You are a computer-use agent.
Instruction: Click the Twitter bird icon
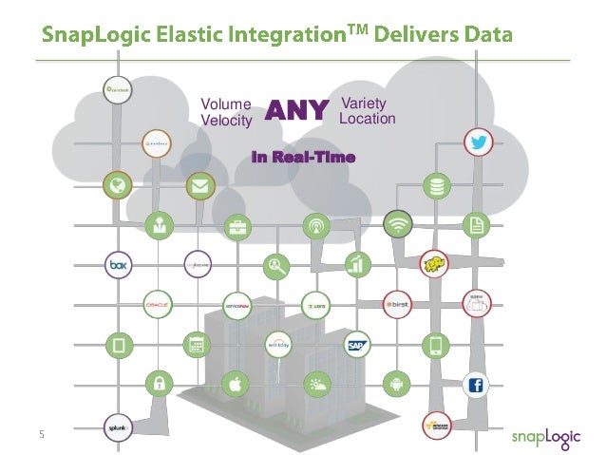click(x=476, y=144)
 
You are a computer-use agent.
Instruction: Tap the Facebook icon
click(x=475, y=385)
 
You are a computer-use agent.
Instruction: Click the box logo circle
click(x=119, y=265)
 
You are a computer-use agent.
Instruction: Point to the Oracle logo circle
click(x=157, y=305)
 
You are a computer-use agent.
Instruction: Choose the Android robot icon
click(x=396, y=384)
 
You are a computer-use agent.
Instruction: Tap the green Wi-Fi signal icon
click(x=397, y=225)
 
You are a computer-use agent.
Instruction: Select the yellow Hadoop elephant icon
click(x=435, y=264)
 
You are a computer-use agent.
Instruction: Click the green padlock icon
click(x=157, y=385)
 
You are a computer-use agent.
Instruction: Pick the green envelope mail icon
click(x=198, y=185)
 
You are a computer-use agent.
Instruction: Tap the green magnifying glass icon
click(x=277, y=266)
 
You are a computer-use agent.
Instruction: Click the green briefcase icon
click(x=237, y=226)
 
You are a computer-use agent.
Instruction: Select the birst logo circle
click(x=397, y=305)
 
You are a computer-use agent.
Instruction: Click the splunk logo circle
click(x=118, y=426)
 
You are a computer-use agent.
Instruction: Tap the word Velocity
click(x=226, y=121)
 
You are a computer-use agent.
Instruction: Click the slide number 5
click(x=42, y=434)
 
